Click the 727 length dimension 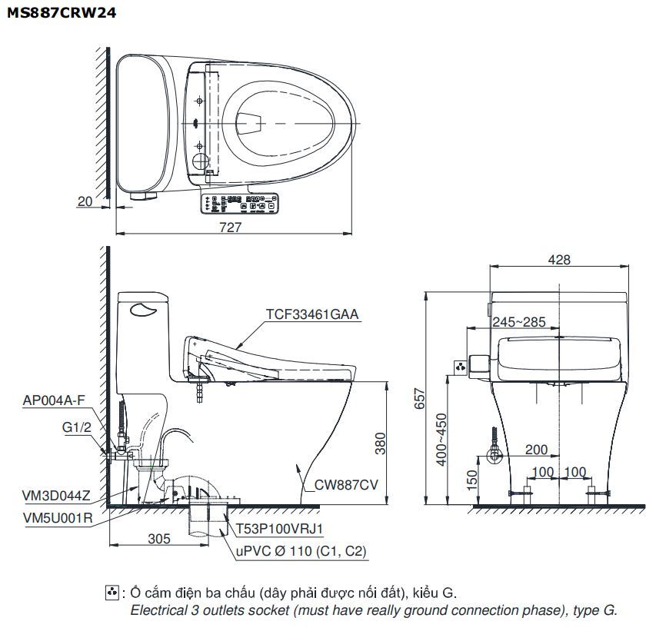tap(230, 226)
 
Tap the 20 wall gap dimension tap(85, 201)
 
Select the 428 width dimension tap(559, 260)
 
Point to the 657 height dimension tap(420, 397)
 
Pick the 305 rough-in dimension tap(158, 539)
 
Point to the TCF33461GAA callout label tap(312, 314)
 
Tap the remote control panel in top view tap(239, 203)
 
